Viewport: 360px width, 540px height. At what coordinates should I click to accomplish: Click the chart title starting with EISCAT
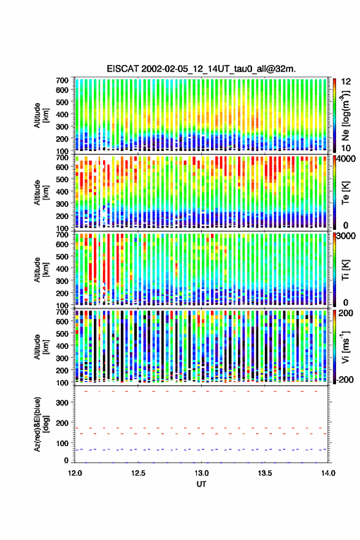pyautogui.click(x=201, y=69)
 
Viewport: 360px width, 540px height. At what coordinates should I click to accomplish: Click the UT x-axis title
pyautogui.click(x=201, y=484)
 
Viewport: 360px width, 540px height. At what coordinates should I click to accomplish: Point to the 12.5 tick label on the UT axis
pyautogui.click(x=138, y=473)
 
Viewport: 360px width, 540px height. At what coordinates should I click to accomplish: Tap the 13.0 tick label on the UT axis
pyautogui.click(x=201, y=473)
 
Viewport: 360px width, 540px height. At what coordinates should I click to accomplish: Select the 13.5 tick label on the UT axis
pyautogui.click(x=265, y=473)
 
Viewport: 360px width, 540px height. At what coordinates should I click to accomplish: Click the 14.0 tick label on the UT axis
pyautogui.click(x=328, y=473)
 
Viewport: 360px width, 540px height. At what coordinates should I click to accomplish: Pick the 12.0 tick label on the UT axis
pyautogui.click(x=75, y=473)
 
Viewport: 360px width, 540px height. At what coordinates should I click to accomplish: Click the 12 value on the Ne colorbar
pyautogui.click(x=347, y=82)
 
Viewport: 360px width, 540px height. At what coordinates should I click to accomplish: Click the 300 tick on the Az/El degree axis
pyautogui.click(x=63, y=403)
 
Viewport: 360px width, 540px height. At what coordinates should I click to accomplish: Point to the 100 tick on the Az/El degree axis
pyautogui.click(x=63, y=443)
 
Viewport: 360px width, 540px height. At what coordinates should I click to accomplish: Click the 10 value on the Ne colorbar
pyautogui.click(x=347, y=148)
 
